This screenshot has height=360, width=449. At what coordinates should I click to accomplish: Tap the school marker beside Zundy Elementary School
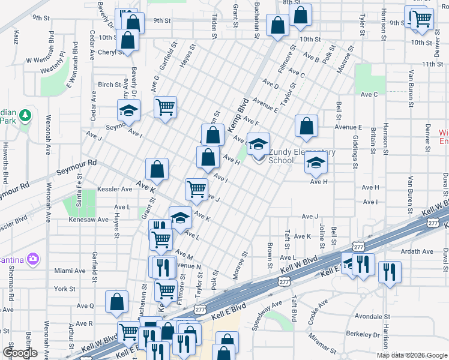[x=258, y=144]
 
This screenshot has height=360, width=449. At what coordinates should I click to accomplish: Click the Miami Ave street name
[x=65, y=271]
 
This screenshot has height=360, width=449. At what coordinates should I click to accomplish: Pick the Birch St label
[x=110, y=85]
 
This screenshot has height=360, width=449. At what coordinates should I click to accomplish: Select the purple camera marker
[x=32, y=259]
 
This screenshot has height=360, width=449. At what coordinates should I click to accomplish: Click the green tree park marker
[x=25, y=115]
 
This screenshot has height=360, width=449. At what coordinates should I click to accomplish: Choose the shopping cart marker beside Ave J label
[x=196, y=189]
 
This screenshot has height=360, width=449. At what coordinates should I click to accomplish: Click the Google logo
[x=20, y=353]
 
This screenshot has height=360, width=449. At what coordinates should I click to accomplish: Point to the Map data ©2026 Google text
[x=412, y=355]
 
